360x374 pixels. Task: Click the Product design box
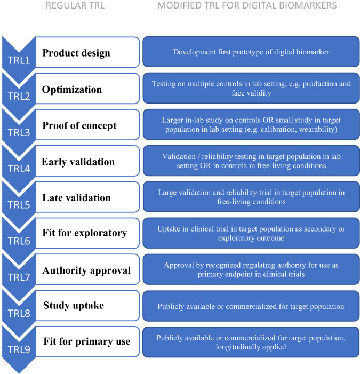click(x=76, y=53)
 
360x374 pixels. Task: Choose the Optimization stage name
click(x=72, y=89)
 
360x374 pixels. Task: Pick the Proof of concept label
click(x=79, y=125)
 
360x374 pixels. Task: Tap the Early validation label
click(x=78, y=162)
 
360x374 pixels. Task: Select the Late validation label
click(x=76, y=198)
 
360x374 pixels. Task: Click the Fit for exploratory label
click(x=84, y=233)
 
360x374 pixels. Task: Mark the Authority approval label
click(x=86, y=270)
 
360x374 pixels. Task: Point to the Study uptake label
click(x=73, y=306)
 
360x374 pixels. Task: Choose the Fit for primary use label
click(x=86, y=341)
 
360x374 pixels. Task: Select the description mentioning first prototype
click(x=251, y=52)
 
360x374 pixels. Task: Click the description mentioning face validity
click(x=251, y=88)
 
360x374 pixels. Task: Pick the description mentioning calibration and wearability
click(x=251, y=124)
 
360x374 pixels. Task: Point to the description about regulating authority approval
click(x=251, y=269)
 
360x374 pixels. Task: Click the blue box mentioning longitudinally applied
click(x=251, y=342)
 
